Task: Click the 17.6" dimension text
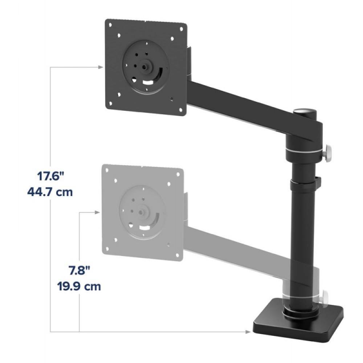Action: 50,177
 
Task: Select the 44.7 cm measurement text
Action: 50,191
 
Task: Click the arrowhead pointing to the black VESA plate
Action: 101,67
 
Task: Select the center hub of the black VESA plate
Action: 145,66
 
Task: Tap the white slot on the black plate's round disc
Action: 148,82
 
